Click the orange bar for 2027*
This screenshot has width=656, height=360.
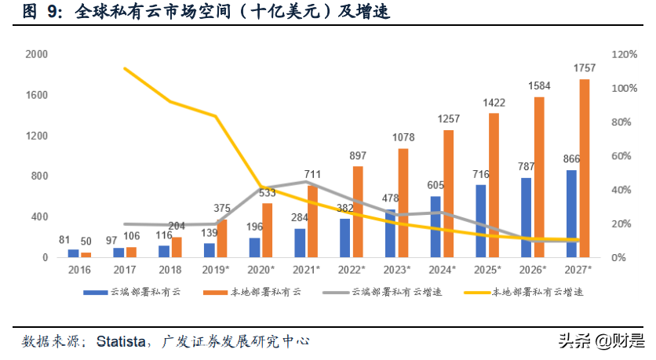(584, 168)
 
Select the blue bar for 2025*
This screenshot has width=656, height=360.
(482, 221)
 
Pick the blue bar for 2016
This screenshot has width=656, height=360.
(73, 253)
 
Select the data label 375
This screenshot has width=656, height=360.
(222, 209)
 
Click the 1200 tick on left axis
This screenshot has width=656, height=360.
(37, 136)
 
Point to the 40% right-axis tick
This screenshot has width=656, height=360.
(621, 191)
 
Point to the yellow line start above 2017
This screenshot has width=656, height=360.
(126, 68)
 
